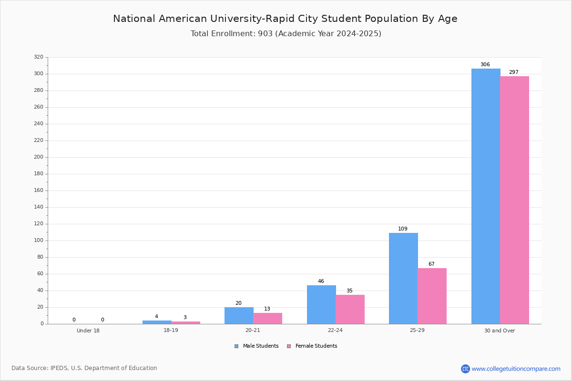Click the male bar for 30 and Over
point(486,196)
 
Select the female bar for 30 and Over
point(514,200)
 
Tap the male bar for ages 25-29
point(403,279)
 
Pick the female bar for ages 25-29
point(432,296)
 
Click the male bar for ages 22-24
point(321,305)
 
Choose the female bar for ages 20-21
point(267,319)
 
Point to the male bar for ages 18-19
point(157,322)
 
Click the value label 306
point(485,64)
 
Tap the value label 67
point(431,264)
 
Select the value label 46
point(321,281)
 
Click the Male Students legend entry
point(256,346)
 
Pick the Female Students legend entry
point(312,346)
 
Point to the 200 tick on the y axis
point(39,157)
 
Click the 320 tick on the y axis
point(39,57)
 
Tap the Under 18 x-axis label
point(88,331)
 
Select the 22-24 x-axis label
point(335,330)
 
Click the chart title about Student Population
point(285,19)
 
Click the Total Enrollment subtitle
point(286,33)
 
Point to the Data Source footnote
point(84,368)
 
